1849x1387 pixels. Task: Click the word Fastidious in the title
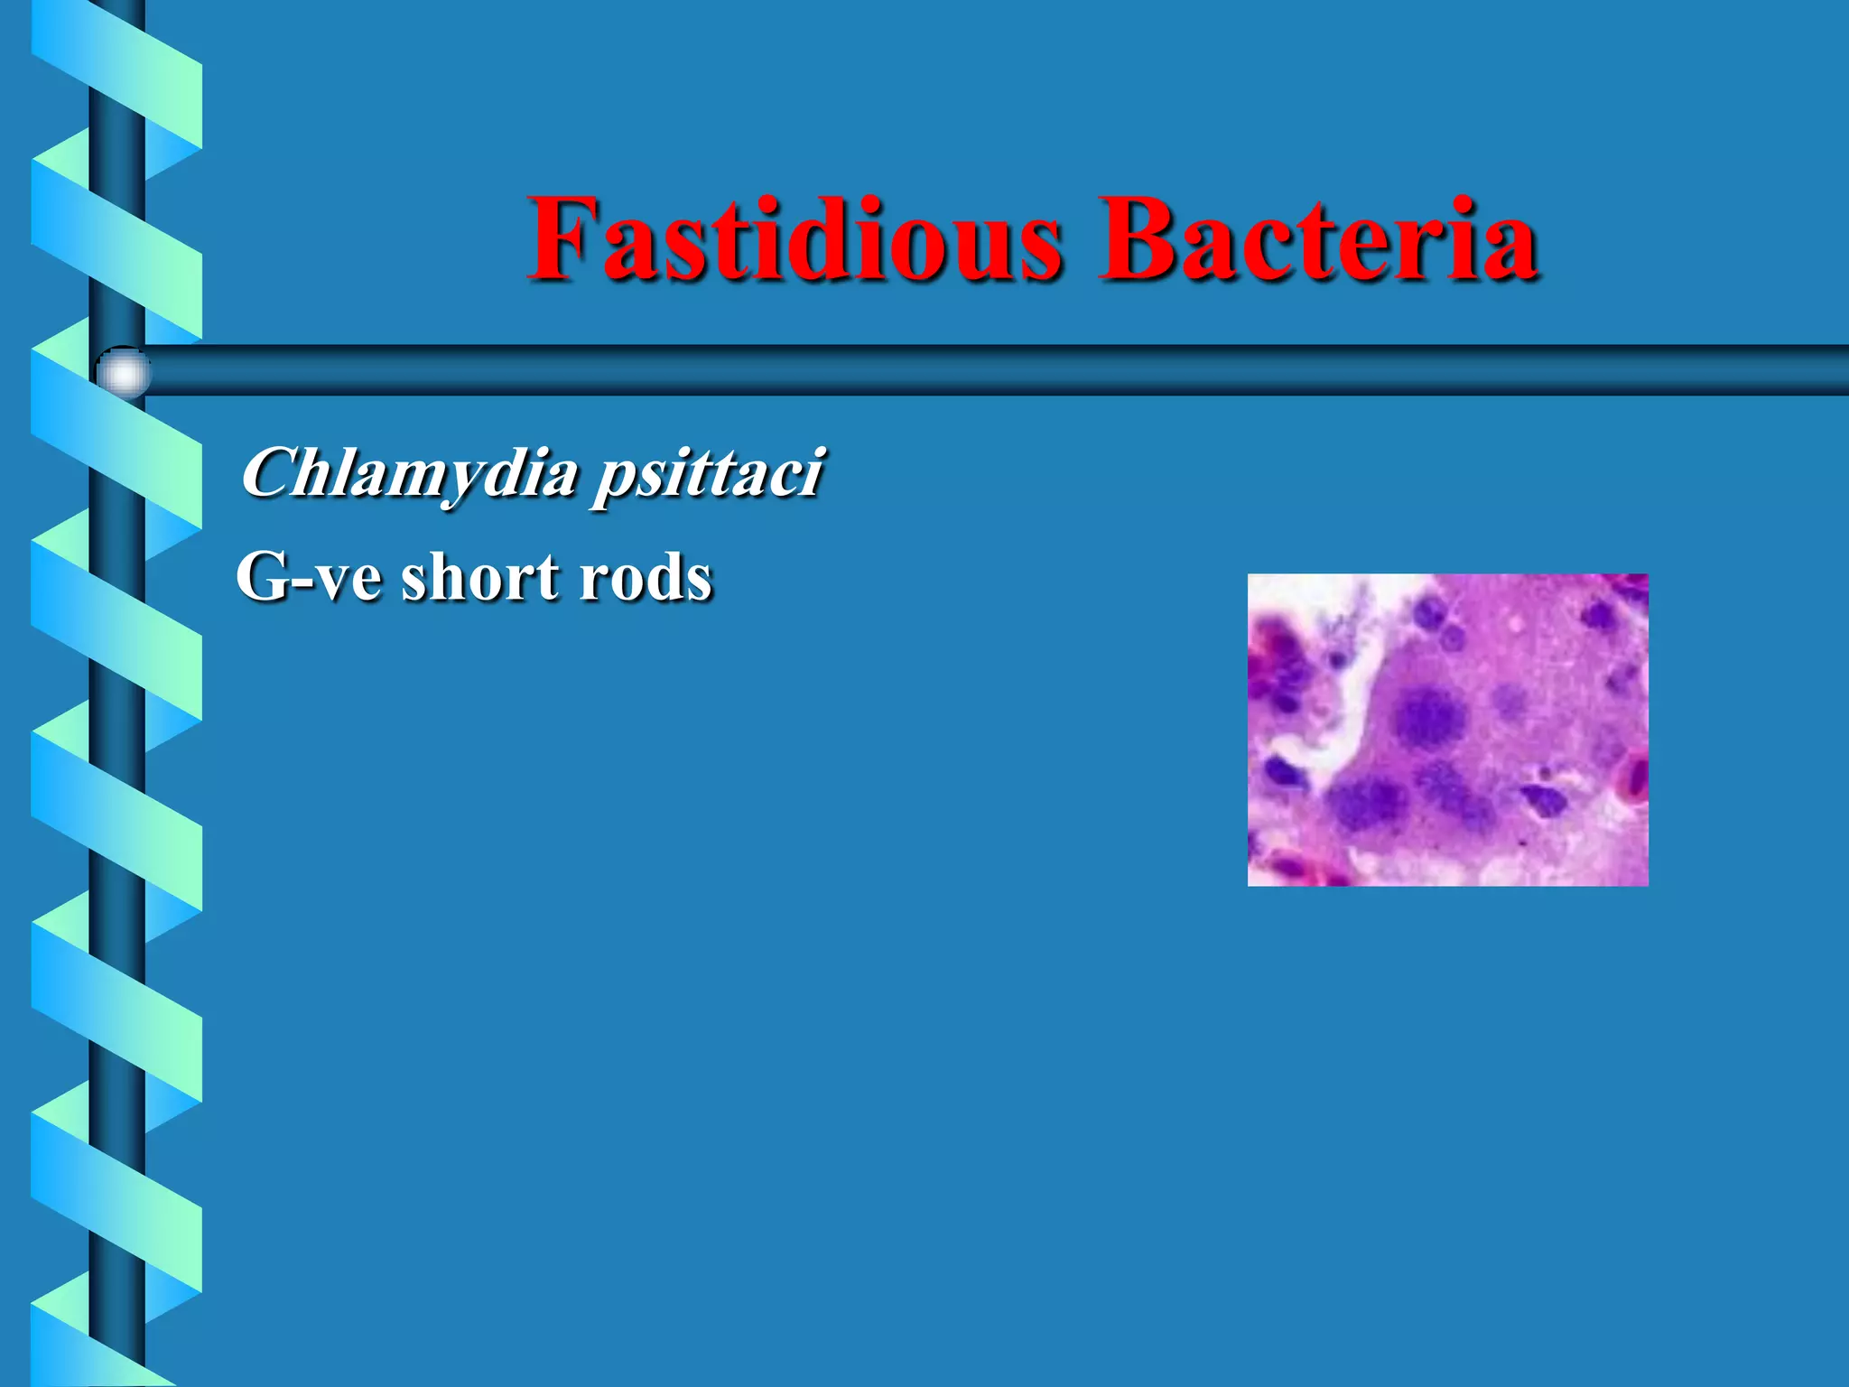[x=794, y=239]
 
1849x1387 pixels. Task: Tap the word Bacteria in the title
[x=1318, y=239]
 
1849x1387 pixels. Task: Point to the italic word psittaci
[x=708, y=475]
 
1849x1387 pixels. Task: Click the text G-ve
[x=308, y=577]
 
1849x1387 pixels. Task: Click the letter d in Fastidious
[x=817, y=239]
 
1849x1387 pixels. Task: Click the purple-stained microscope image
[x=1447, y=730]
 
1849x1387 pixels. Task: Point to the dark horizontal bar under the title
[x=993, y=370]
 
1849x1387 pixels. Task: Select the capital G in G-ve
[x=261, y=577]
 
